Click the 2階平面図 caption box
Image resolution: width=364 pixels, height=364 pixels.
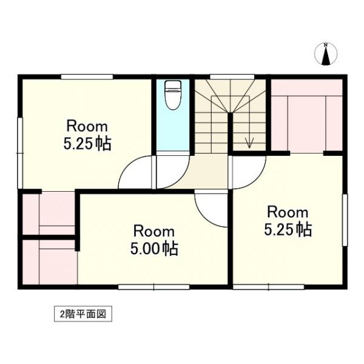pyautogui.click(x=83, y=314)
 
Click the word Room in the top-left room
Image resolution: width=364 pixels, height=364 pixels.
pyautogui.click(x=87, y=127)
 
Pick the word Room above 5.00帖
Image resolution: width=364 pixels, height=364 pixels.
pyautogui.click(x=154, y=231)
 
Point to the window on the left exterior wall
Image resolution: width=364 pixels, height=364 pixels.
pyautogui.click(x=21, y=152)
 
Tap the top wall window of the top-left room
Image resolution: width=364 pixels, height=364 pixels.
pyautogui.click(x=87, y=76)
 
